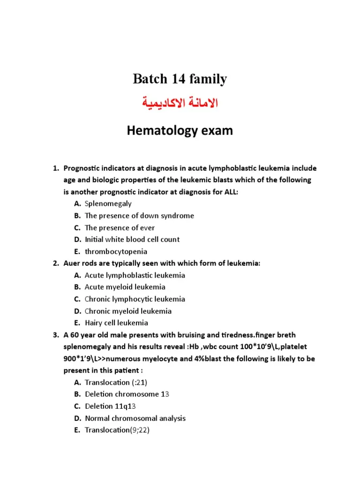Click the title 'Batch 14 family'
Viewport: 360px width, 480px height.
pos(180,79)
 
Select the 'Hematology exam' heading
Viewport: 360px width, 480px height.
pos(180,131)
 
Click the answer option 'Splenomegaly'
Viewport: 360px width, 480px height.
pos(108,203)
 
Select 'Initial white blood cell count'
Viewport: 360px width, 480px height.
pos(132,239)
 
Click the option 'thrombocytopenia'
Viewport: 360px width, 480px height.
pos(116,251)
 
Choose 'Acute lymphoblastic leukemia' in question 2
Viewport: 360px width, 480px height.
pos(135,275)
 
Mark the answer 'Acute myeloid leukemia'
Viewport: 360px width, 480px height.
pos(125,287)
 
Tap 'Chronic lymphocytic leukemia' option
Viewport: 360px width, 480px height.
pos(135,299)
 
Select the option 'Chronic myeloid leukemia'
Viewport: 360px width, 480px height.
pos(128,311)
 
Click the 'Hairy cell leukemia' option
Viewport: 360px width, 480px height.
pos(116,322)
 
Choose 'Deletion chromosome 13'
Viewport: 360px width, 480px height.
pos(127,394)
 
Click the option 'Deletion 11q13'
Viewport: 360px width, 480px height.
pos(111,406)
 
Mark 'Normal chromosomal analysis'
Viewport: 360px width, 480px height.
pos(135,418)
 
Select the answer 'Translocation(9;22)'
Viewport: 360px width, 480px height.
pos(117,430)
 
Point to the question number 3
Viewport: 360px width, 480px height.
pos(54,335)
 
